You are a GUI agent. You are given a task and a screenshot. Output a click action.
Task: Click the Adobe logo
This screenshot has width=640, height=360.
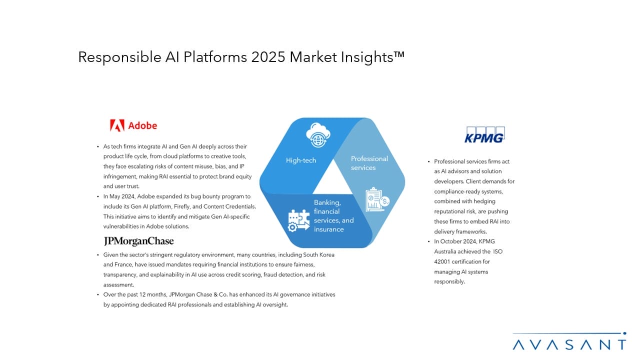click(x=133, y=125)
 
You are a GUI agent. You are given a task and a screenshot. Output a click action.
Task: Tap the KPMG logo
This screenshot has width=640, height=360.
click(x=484, y=134)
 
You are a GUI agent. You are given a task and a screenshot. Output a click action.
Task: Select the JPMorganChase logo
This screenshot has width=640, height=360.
click(x=138, y=241)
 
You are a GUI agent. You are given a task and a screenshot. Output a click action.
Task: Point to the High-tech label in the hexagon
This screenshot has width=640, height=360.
click(x=301, y=160)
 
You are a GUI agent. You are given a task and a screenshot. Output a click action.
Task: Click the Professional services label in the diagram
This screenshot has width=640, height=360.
click(x=369, y=163)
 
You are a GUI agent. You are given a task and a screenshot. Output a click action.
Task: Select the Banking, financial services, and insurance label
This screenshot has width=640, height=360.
click(x=333, y=215)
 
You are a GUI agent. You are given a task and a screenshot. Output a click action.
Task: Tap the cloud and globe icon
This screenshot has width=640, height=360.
click(x=318, y=135)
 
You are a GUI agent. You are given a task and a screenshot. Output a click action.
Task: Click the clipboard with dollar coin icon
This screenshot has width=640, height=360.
click(x=377, y=199)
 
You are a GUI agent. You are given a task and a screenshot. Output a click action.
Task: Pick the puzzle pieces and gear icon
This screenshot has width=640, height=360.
click(x=298, y=220)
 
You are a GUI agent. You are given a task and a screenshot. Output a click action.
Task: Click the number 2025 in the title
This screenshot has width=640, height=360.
click(x=268, y=57)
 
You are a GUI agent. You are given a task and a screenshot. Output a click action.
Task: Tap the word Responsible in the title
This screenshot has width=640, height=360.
click(x=119, y=57)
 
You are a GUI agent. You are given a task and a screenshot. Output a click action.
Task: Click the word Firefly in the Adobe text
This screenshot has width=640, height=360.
click(x=181, y=206)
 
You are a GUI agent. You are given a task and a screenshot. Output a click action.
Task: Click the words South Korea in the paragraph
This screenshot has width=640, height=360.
click(x=318, y=254)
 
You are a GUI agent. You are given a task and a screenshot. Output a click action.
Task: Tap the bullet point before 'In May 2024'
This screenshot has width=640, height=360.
click(x=97, y=196)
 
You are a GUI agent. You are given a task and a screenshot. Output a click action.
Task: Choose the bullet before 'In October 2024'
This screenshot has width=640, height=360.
click(x=428, y=241)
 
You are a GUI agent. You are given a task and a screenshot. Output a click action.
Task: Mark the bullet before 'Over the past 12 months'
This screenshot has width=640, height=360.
click(x=97, y=294)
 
